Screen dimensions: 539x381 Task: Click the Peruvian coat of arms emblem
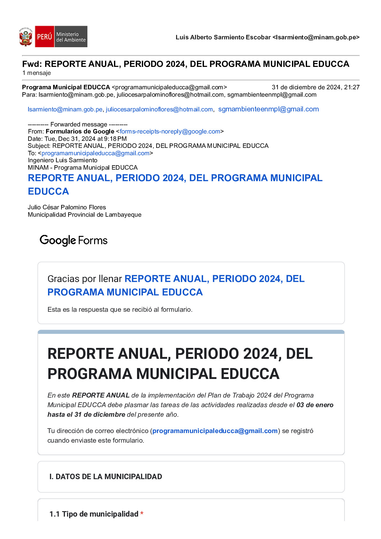click(26, 37)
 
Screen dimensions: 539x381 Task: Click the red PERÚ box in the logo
click(44, 37)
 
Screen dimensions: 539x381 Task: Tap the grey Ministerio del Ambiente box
click(71, 37)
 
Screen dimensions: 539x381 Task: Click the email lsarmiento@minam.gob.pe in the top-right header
click(316, 37)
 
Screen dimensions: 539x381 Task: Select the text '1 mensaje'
click(36, 73)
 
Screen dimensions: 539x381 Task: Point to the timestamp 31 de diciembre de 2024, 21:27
click(315, 87)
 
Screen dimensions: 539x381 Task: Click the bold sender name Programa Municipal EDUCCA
click(66, 87)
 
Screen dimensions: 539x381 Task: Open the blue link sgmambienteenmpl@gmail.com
click(268, 109)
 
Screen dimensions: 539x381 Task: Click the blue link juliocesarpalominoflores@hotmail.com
click(159, 109)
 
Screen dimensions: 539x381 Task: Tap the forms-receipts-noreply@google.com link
click(170, 131)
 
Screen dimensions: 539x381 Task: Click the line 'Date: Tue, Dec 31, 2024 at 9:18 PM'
click(77, 139)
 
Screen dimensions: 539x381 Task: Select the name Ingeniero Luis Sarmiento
click(62, 160)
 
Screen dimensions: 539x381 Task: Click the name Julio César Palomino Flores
click(67, 207)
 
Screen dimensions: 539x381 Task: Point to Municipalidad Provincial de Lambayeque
click(85, 214)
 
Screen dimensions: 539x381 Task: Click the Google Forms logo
click(73, 240)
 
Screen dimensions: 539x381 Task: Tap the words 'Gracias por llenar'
click(85, 279)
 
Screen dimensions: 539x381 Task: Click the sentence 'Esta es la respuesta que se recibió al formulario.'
click(120, 310)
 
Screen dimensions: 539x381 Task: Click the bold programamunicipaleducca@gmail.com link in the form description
click(215, 431)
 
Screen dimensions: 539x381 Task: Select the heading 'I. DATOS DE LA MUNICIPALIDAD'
click(105, 477)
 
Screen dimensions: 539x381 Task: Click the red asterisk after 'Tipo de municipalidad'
click(142, 514)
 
